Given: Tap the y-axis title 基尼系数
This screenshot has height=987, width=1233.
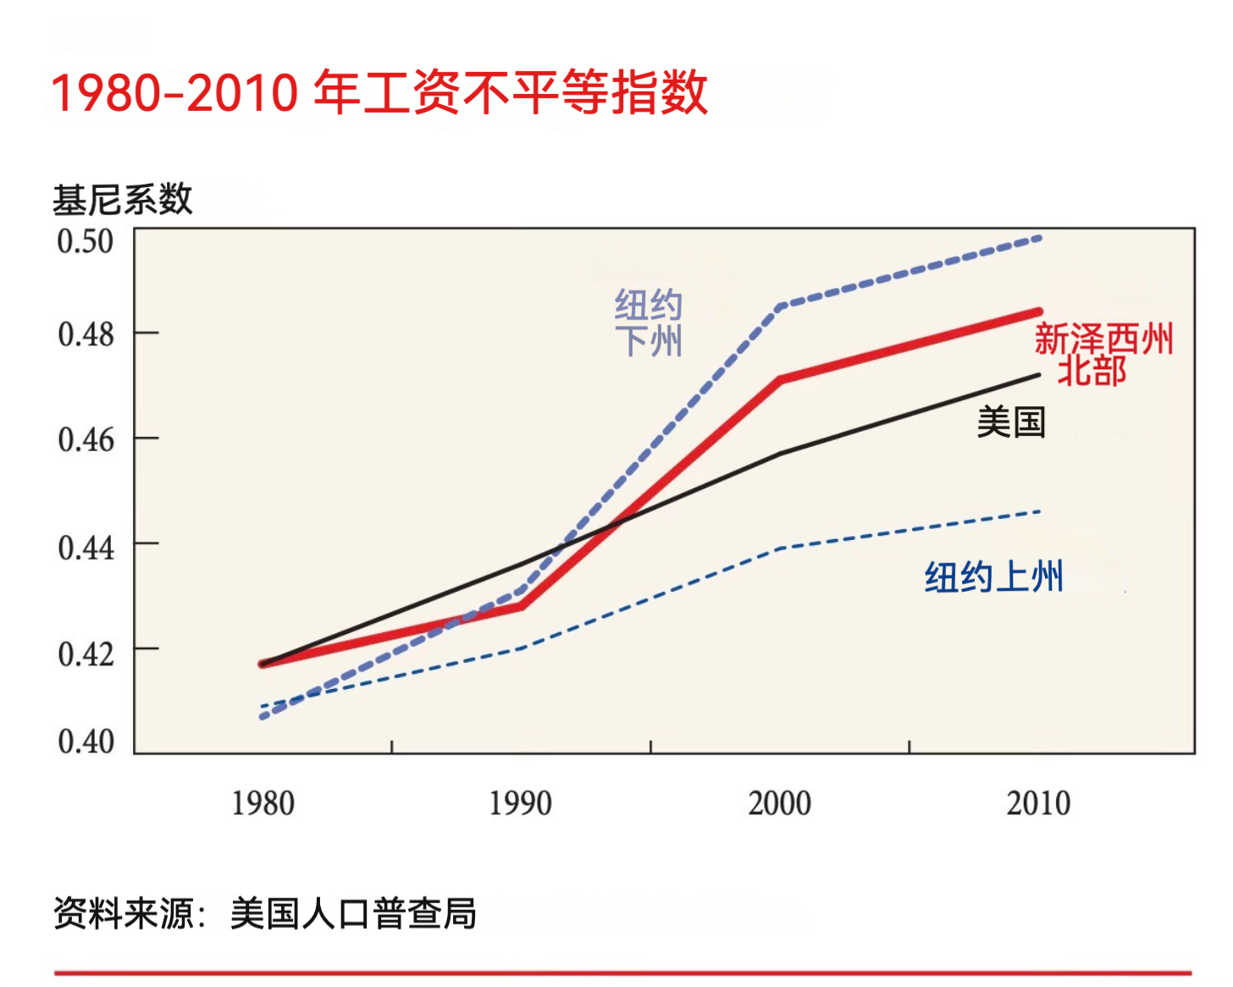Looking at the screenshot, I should click(x=123, y=201).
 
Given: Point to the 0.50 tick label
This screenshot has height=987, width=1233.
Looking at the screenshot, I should click(x=85, y=241).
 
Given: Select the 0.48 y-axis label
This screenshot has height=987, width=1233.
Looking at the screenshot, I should click(x=86, y=334).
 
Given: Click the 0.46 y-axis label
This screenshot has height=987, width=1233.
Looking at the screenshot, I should click(x=86, y=440).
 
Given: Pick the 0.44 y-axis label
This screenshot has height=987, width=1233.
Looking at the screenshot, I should click(x=86, y=548).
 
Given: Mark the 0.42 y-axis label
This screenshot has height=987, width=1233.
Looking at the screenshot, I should click(x=86, y=653).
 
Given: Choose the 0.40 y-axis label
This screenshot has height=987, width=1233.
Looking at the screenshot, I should click(x=86, y=742).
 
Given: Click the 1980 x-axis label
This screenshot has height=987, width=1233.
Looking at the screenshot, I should click(x=263, y=803).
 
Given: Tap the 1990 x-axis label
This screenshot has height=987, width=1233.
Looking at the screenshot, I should click(x=521, y=803).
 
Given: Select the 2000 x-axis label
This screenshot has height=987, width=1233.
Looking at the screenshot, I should click(x=779, y=803).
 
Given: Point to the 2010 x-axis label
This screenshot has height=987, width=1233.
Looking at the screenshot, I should click(x=1038, y=803).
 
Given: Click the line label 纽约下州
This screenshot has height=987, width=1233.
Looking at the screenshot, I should click(x=649, y=323).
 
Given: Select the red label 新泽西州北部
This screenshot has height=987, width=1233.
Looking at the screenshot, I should click(x=1103, y=355).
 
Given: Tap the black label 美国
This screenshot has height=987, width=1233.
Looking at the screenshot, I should click(x=1011, y=422).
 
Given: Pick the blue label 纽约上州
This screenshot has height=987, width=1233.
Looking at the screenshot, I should click(x=993, y=577).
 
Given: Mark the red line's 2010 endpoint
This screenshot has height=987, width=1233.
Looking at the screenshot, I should click(x=1039, y=312).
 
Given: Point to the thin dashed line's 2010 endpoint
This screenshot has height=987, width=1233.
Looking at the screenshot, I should click(x=1039, y=511).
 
